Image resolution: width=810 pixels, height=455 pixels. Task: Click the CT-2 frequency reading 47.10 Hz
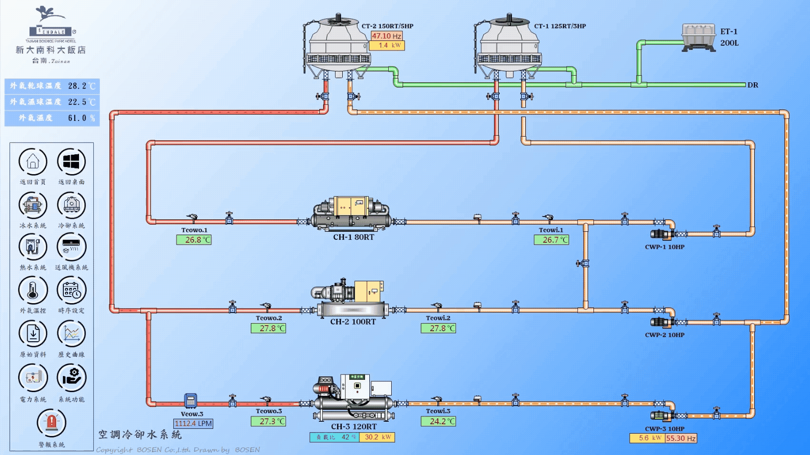pos(386,36)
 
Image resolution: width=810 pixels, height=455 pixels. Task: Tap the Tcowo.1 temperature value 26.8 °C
pos(194,240)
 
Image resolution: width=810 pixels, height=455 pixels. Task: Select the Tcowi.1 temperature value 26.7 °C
pos(551,240)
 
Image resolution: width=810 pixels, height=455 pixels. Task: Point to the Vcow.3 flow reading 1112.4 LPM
pos(193,424)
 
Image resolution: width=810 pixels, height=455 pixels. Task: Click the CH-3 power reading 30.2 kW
pos(377,437)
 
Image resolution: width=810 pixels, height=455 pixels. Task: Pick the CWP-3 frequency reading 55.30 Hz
pos(681,438)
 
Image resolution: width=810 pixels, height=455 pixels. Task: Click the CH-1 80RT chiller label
pos(353,237)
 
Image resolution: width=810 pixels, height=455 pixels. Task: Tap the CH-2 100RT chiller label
pos(353,322)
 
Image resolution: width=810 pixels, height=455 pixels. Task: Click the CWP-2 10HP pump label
pos(664,335)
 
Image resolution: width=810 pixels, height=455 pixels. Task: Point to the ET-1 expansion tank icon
pos(699,37)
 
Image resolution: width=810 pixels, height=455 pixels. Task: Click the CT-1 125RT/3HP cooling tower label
pos(560,26)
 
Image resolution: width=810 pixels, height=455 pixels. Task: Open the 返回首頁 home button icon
pos(33,162)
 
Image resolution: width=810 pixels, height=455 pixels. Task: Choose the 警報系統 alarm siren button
pos(51,423)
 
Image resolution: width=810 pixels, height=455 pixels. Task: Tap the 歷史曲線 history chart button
pos(71,334)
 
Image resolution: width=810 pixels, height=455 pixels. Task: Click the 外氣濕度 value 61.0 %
pos(81,118)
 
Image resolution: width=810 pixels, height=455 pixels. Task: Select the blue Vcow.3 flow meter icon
pos(191,401)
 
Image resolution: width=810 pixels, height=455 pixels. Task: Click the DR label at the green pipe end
pos(753,85)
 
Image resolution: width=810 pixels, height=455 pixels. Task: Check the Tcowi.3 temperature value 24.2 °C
pos(438,421)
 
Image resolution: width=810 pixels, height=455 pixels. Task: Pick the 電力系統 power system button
pos(33,378)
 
